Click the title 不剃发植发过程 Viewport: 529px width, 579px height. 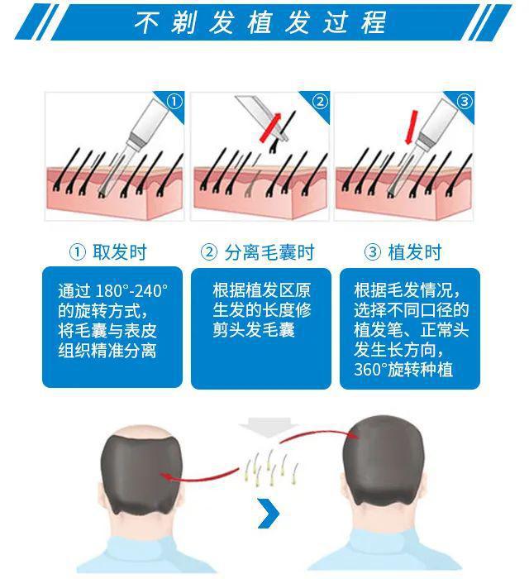coord(260,22)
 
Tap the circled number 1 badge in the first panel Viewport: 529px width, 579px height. coord(174,102)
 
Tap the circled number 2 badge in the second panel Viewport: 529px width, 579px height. coord(320,102)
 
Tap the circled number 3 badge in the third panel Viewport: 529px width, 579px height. coord(465,102)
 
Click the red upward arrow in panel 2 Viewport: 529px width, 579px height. coord(271,127)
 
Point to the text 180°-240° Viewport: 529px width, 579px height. coord(131,291)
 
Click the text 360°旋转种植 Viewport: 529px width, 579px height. coord(403,370)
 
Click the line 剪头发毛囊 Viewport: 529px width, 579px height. coord(254,330)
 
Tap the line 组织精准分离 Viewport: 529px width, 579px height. coord(107,351)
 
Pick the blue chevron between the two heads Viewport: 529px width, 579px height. coord(269,513)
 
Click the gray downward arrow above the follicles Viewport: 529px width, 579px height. coord(268,428)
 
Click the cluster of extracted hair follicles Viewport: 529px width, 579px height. coord(271,467)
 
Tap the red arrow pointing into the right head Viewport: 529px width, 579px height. coord(318,434)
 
